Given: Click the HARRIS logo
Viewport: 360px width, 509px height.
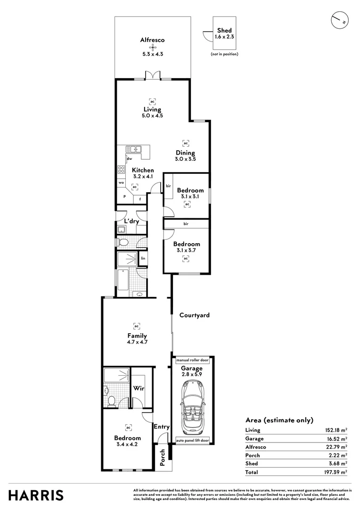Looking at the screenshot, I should [x=36, y=495].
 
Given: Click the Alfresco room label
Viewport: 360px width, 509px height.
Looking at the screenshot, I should [x=152, y=41].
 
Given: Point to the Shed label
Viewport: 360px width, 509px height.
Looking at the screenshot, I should [x=224, y=30].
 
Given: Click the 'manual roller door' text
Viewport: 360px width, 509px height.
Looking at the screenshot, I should [x=192, y=360].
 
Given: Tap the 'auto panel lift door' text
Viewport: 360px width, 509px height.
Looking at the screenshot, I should [x=192, y=441].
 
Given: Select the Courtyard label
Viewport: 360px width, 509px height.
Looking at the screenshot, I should [x=194, y=315].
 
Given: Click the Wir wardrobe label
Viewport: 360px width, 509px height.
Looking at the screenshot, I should [x=138, y=389].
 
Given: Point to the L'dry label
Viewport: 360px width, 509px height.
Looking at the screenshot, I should [x=131, y=221].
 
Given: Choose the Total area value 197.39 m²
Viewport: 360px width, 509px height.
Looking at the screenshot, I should [x=338, y=472].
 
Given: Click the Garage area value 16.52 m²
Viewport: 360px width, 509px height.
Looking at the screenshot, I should [x=338, y=438].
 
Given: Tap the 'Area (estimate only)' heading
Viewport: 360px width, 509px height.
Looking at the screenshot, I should [x=279, y=420].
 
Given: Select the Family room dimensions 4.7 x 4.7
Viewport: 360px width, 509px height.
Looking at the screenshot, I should [x=137, y=343].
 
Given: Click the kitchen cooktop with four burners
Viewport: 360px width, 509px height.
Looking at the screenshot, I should [x=121, y=170].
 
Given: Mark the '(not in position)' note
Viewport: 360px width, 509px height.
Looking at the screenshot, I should [x=224, y=54].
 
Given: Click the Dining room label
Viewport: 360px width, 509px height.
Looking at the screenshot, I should [x=185, y=153].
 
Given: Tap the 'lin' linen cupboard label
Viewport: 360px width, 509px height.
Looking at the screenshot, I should [x=142, y=258].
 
